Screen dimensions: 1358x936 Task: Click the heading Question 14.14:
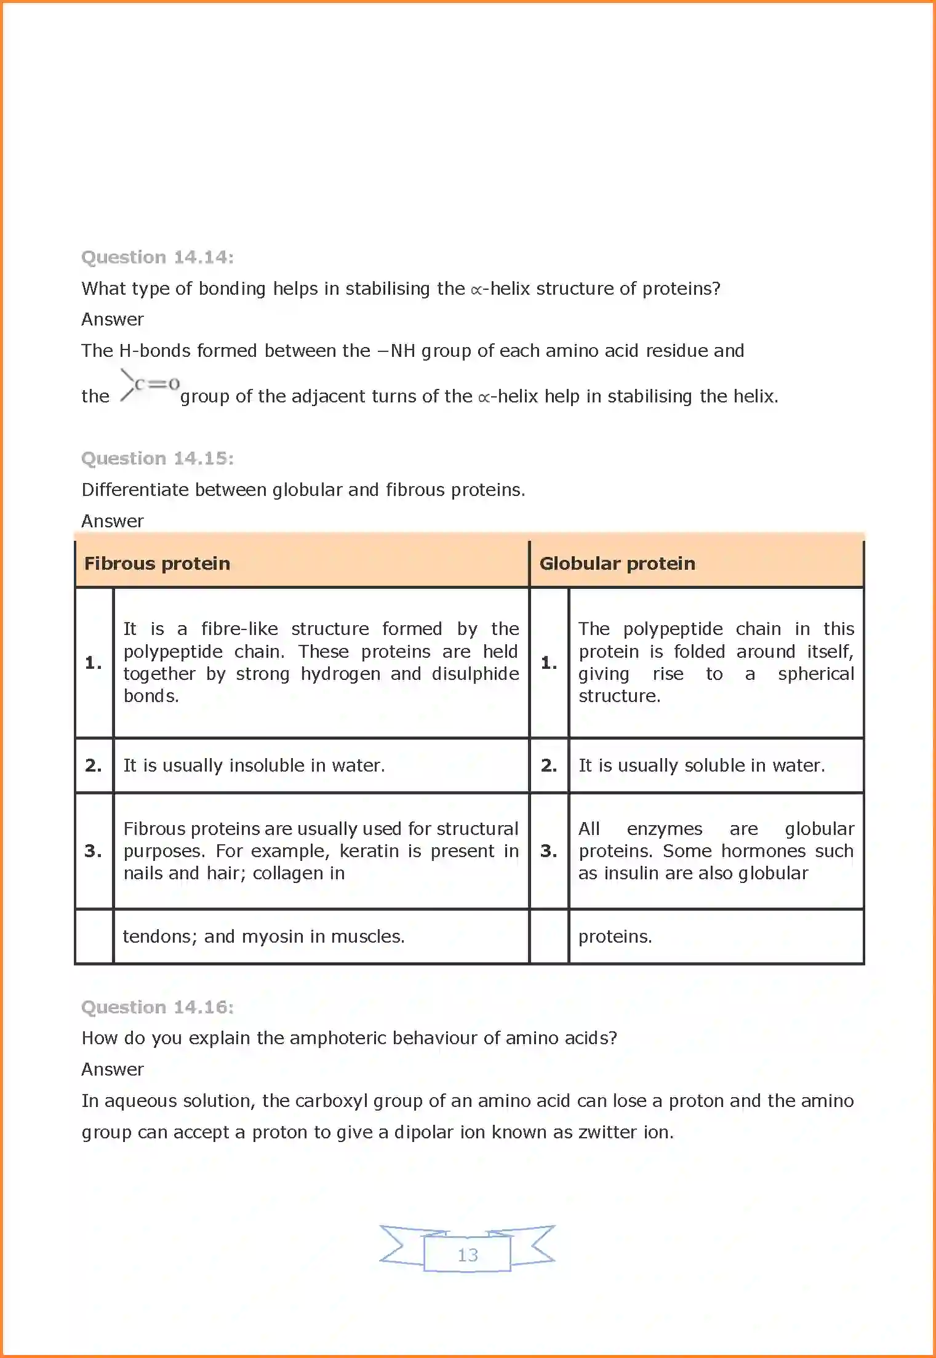[158, 257]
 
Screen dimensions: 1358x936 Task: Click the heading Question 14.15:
[158, 458]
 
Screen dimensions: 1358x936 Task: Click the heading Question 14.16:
[158, 1007]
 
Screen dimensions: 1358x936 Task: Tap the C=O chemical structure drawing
[150, 385]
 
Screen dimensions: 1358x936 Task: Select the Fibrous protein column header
[157, 564]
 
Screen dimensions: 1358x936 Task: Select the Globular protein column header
[617, 564]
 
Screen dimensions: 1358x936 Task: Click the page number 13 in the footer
[468, 1255]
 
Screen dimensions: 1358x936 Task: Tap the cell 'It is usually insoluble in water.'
[254, 765]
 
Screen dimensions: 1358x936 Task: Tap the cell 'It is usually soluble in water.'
[702, 765]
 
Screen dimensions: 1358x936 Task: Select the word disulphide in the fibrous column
[475, 674]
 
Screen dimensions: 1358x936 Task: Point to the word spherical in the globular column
[815, 674]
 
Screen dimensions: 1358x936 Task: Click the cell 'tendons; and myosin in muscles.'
[263, 937]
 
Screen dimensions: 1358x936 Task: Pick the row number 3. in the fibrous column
[94, 851]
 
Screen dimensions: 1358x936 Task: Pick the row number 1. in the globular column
[549, 663]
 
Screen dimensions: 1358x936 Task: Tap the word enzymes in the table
[664, 829]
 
